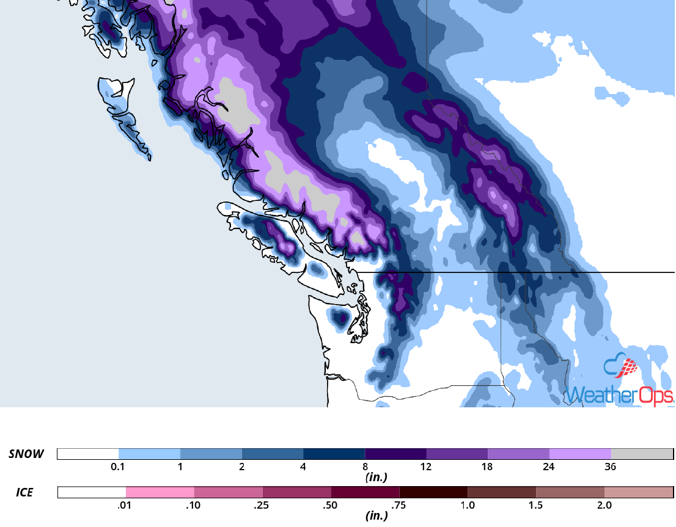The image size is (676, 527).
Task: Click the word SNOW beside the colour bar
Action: point(26,454)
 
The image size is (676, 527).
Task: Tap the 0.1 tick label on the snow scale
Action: point(119,467)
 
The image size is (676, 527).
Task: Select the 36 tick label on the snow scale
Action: point(610,467)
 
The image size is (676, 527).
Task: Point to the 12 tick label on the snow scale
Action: point(426,467)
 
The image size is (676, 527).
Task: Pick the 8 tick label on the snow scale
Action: point(365,467)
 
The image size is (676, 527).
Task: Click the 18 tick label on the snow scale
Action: point(488,467)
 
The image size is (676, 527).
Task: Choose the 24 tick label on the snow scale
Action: point(549,467)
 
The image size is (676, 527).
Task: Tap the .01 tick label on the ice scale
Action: point(125,505)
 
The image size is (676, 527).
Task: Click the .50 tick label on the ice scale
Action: point(331,505)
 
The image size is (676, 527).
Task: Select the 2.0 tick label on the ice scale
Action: point(604,505)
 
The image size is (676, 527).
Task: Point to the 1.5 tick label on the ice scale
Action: point(536,505)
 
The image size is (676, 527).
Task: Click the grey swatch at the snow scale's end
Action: point(641,454)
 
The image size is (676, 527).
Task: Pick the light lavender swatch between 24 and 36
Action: point(580,454)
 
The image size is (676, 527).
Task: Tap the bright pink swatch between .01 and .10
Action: point(160,492)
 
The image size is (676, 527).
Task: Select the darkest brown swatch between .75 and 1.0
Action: point(433,492)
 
